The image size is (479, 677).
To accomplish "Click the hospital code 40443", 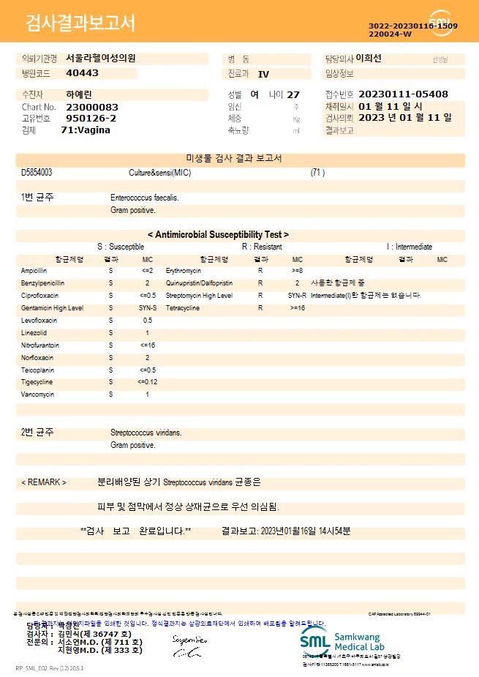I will tap(82, 73).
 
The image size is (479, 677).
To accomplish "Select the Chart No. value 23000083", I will tap(92, 107).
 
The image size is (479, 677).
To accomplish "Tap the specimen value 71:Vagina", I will tap(86, 130).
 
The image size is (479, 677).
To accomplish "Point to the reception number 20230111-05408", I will tap(404, 94).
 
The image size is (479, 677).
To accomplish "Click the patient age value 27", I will tap(293, 94).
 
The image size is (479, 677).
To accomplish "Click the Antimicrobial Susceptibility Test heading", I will tap(218, 235).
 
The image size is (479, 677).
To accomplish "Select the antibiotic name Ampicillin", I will tap(34, 271).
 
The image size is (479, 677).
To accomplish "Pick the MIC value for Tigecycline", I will tap(147, 382).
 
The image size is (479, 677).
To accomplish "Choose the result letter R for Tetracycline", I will tap(260, 308).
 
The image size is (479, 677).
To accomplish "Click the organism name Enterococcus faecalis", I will tap(144, 198).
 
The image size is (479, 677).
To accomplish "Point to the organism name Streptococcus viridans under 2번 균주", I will tap(146, 433).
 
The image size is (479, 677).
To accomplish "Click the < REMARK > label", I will tap(44, 483).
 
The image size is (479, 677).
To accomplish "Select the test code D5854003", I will tap(37, 173).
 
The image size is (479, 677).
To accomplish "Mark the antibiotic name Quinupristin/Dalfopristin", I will tap(199, 283).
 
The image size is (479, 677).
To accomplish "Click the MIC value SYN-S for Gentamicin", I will tap(148, 308).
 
